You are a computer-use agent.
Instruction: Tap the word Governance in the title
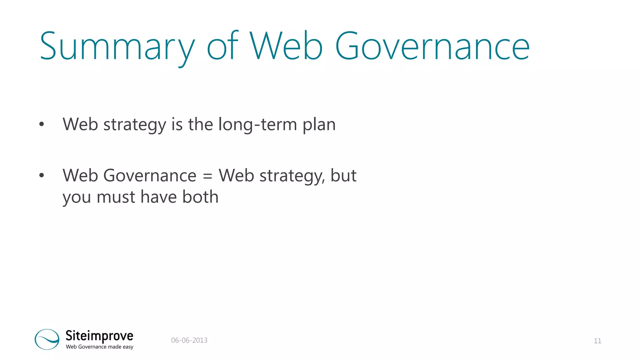point(432,47)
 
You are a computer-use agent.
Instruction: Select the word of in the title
point(222,47)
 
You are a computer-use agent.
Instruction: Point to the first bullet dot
point(42,125)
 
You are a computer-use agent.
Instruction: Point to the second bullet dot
point(42,176)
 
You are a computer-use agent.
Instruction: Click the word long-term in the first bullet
point(257,124)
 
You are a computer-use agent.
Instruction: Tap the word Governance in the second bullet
point(149,176)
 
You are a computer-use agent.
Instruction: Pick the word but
point(343,176)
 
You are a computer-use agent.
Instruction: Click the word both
point(200,197)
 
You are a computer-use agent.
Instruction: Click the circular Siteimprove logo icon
point(47,339)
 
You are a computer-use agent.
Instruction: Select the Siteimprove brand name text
point(99,336)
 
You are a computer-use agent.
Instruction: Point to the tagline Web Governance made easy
point(99,347)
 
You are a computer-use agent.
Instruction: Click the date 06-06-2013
point(189,340)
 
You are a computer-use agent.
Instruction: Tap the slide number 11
point(597,341)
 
